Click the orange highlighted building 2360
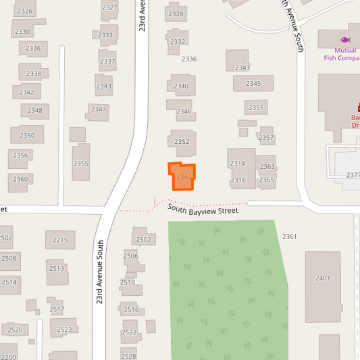coord(182,177)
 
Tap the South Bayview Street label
coord(204,211)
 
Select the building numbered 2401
coord(322,278)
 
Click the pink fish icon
coord(346,41)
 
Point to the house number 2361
coord(290,236)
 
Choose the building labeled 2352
coord(182,142)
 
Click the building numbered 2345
coord(253,83)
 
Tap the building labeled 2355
coord(81,163)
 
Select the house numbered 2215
coord(60,240)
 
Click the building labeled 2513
coord(57,269)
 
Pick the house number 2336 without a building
coord(189,59)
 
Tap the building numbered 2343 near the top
coord(242,67)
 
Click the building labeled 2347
coord(99,109)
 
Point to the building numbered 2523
coord(64,329)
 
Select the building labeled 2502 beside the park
coord(143,239)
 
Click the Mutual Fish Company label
coord(342,54)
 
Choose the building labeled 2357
coord(266,137)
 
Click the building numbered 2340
coord(181,86)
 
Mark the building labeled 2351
coord(256,107)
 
